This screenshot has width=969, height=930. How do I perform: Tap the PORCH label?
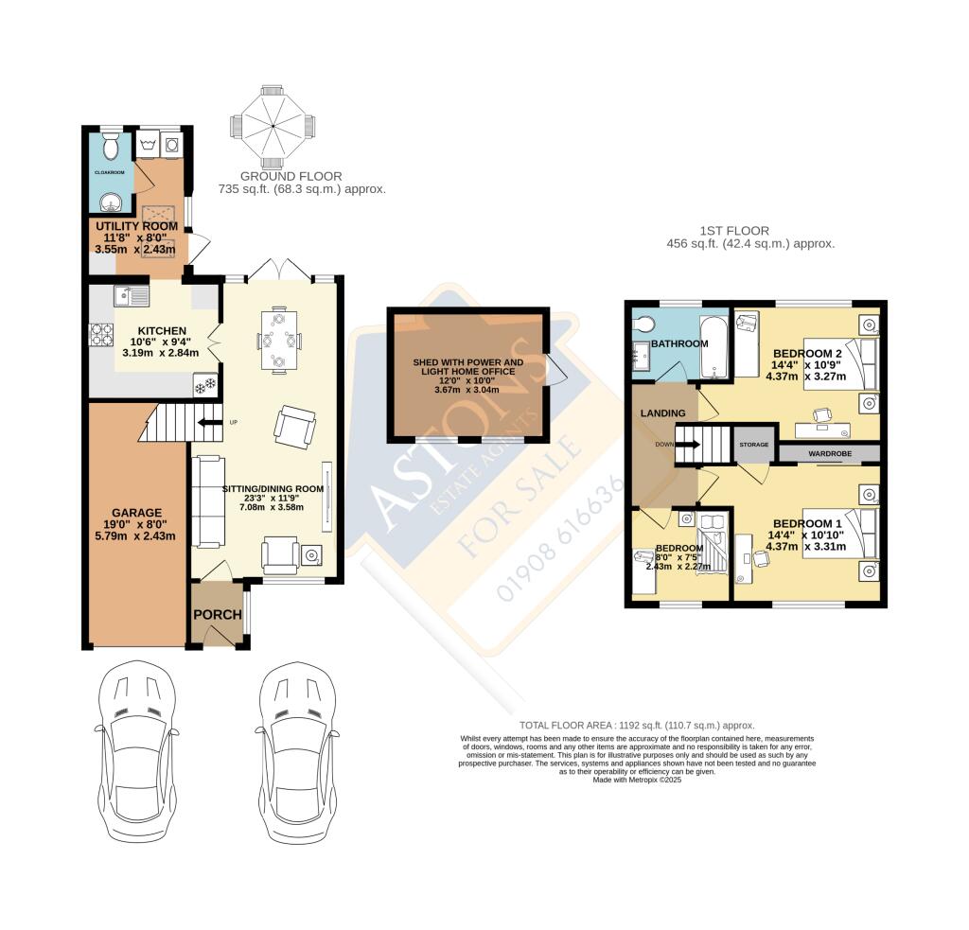pyautogui.click(x=218, y=614)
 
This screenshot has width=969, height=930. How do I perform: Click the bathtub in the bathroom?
pyautogui.click(x=716, y=345)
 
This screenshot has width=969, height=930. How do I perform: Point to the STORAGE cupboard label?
pyautogui.click(x=753, y=445)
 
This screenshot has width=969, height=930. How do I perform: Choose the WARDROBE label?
pyautogui.click(x=830, y=454)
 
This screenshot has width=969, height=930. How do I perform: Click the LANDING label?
pyautogui.click(x=662, y=413)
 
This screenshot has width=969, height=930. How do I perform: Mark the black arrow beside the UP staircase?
pyautogui.click(x=210, y=422)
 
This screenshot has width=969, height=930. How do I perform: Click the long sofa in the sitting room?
pyautogui.click(x=207, y=501)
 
